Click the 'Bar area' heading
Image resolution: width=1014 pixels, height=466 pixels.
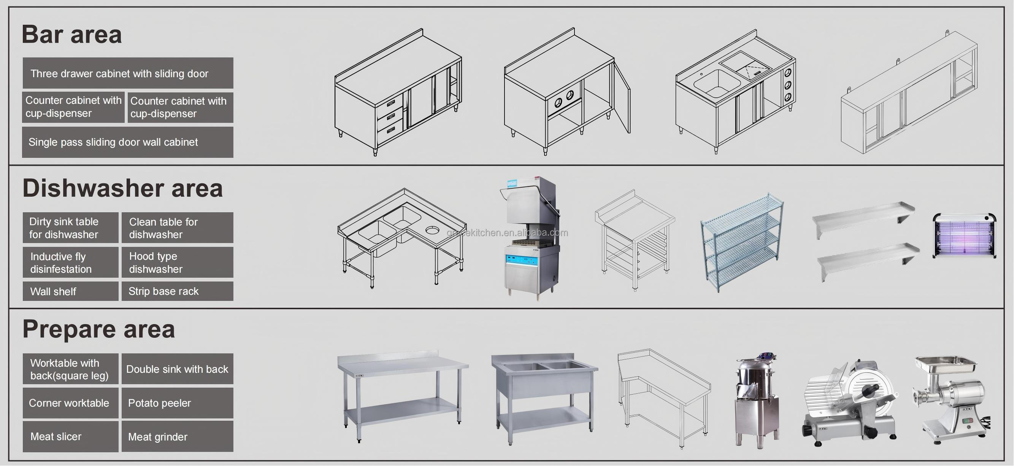coord(71,34)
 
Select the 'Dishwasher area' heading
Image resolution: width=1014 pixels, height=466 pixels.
coord(122,188)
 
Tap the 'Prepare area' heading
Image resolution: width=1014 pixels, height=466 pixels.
coord(98,329)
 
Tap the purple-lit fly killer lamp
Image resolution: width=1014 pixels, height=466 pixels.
coord(964,235)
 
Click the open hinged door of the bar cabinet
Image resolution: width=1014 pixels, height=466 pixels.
coord(622,97)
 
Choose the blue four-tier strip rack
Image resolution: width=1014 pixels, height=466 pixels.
coord(742,241)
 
